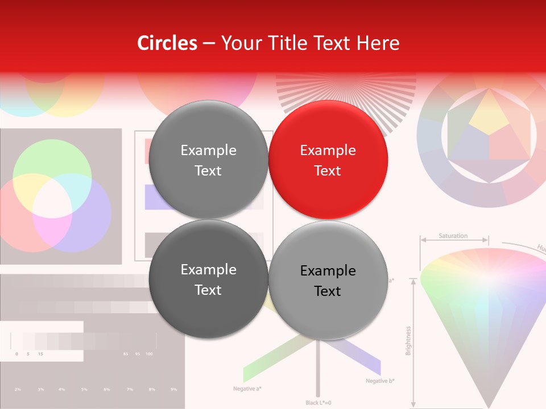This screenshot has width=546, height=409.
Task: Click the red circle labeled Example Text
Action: pos(328,160)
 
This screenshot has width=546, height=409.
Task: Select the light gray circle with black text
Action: pos(328,280)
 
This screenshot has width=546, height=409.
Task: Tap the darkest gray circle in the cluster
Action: pos(208,279)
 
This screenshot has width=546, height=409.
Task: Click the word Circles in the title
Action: pos(167,43)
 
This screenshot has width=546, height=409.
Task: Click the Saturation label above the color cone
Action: pos(453,236)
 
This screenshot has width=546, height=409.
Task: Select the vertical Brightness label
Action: pos(408,340)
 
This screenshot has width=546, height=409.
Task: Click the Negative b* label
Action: pos(380,381)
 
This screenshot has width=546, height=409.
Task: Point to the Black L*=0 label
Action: pos(318,403)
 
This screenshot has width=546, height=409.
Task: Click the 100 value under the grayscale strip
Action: pos(149,354)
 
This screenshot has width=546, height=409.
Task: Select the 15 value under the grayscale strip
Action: pos(40,354)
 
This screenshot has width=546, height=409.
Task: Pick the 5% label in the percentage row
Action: pos(84,389)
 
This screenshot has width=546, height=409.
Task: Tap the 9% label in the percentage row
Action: pos(173,389)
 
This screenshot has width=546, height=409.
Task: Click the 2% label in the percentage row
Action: pos(18,389)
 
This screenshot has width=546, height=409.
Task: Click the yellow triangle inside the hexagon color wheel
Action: pos(489,113)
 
